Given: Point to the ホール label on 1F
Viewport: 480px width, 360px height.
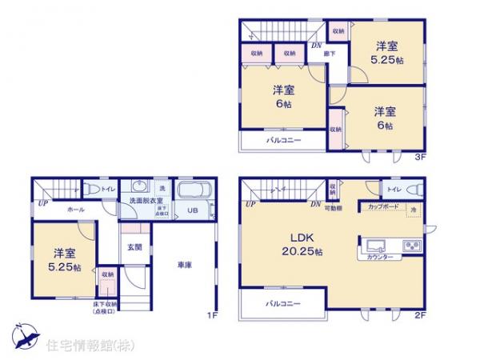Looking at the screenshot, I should [x=76, y=208].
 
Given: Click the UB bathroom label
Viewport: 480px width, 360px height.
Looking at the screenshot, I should [x=192, y=211].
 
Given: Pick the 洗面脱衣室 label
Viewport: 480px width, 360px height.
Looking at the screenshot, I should [x=142, y=201].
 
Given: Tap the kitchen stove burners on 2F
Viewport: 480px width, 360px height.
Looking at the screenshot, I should [x=412, y=245].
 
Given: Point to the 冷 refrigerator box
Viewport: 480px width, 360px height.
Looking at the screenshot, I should [x=414, y=210].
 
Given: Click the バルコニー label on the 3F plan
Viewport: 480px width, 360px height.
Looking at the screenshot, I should [x=283, y=141].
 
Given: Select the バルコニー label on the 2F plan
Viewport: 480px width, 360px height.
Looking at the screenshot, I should [x=283, y=304].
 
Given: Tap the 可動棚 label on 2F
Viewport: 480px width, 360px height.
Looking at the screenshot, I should [x=334, y=207].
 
